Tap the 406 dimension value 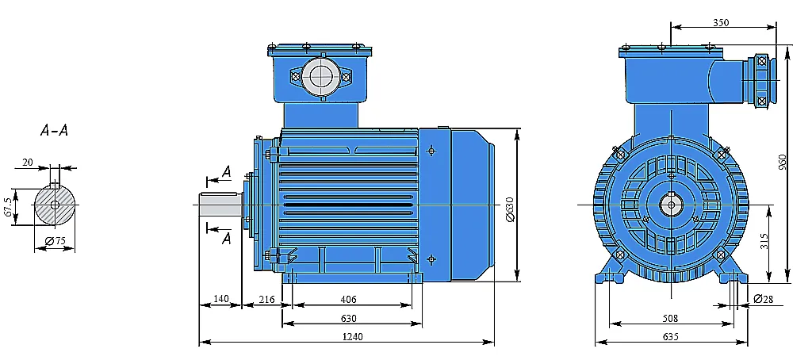point(348,300)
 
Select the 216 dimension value point(266,300)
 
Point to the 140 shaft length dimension point(220,299)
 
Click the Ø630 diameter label point(510,209)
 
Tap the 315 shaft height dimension point(764,241)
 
